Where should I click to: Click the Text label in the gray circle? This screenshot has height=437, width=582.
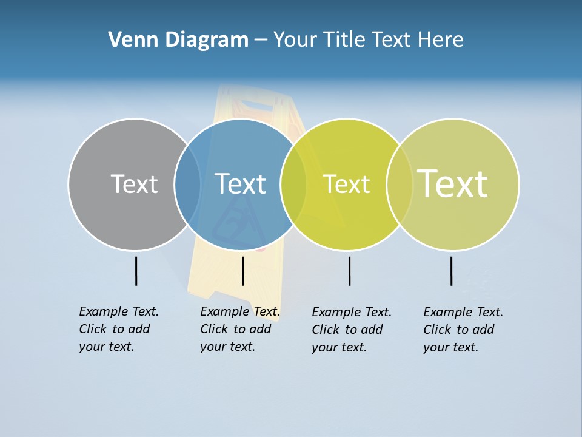point(134,184)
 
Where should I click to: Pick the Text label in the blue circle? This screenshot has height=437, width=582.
point(241,184)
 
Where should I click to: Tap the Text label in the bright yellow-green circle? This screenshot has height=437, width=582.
point(346,184)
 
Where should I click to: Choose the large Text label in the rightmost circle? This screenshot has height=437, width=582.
point(453,184)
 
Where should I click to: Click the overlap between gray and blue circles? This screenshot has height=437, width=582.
point(187,184)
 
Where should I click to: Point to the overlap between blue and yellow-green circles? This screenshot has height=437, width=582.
point(293,184)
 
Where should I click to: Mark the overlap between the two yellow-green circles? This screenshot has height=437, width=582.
point(400,184)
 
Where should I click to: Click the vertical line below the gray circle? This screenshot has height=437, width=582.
point(136,271)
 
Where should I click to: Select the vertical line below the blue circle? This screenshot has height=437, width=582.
point(242,271)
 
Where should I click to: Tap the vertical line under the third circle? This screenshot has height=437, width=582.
point(349,271)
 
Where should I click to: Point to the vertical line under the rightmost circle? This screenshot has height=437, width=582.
point(451,271)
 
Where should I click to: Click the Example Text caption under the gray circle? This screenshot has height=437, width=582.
point(118,329)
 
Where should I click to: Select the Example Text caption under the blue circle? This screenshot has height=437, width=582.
point(239,329)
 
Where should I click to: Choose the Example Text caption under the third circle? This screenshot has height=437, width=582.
point(351,330)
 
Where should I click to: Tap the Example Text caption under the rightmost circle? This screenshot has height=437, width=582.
point(463,330)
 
